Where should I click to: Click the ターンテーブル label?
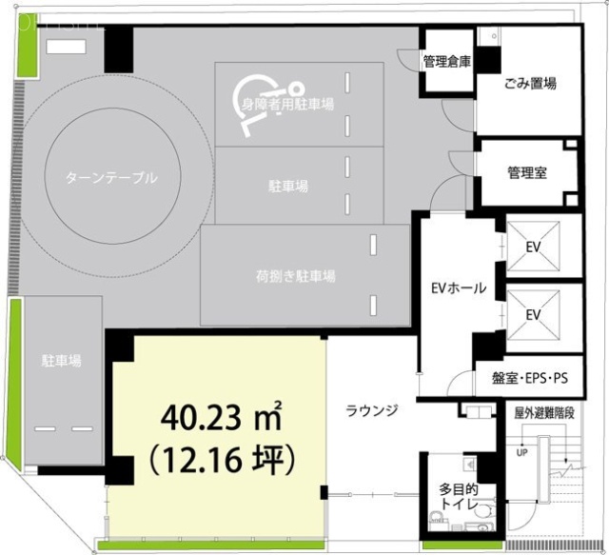click(111, 177)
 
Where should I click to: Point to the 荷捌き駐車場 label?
click(295, 277)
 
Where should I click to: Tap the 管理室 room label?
click(526, 173)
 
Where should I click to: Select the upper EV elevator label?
click(533, 247)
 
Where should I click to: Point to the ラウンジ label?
click(371, 410)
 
